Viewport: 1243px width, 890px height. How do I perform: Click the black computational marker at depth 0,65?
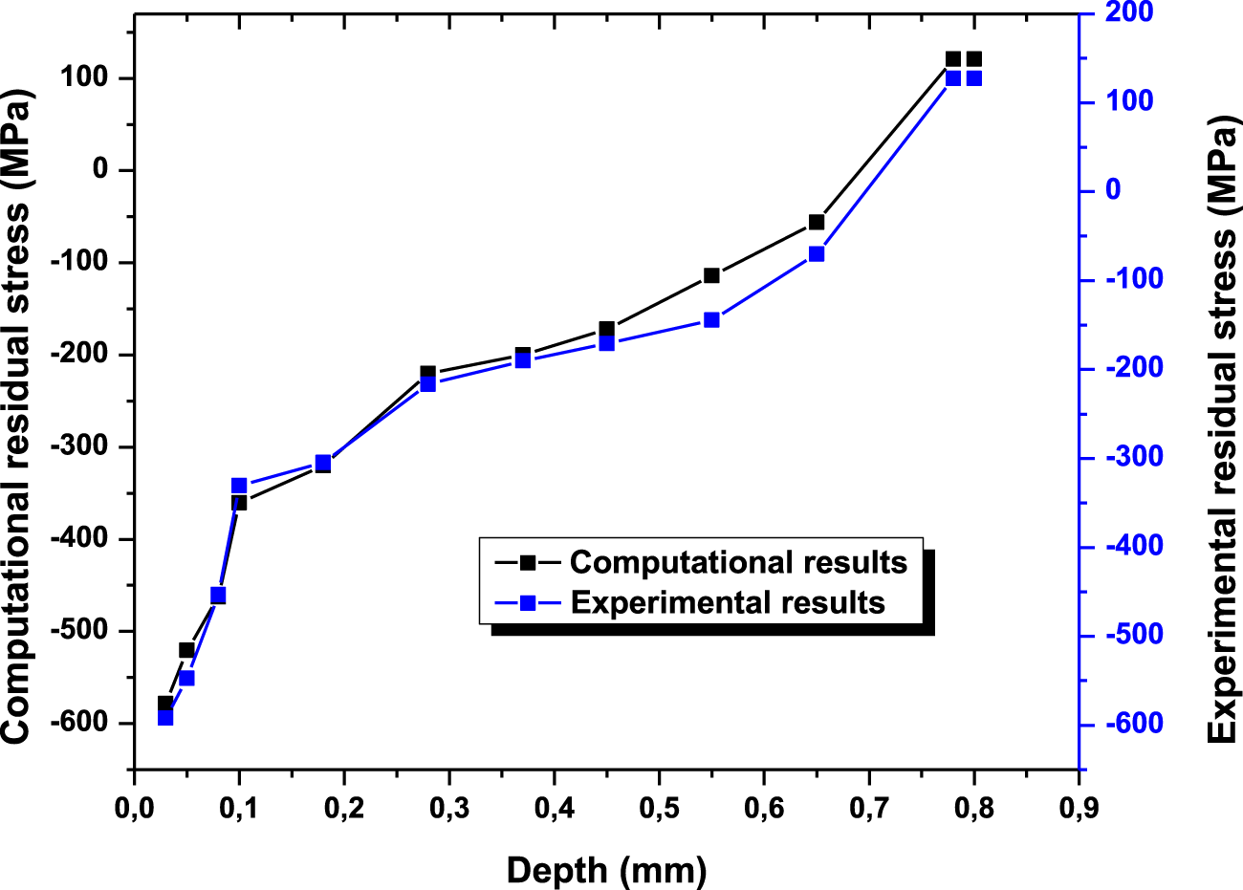click(x=816, y=222)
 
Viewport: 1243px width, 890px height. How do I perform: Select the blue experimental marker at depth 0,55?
click(x=711, y=320)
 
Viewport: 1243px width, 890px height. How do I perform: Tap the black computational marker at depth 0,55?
click(x=711, y=275)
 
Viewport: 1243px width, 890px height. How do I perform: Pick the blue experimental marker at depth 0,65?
click(x=816, y=254)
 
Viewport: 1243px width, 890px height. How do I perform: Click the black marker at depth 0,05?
click(x=186, y=650)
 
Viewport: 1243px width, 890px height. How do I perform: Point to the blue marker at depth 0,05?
click(x=186, y=678)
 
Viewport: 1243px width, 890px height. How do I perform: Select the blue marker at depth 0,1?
click(x=239, y=486)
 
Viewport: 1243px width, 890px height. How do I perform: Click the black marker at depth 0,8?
click(x=973, y=59)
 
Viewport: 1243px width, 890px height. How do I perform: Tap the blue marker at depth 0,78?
click(x=952, y=78)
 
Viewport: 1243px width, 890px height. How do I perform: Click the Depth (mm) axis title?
click(x=606, y=870)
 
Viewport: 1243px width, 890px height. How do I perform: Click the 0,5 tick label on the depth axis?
click(x=659, y=808)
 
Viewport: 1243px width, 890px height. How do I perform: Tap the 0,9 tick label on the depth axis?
click(x=1078, y=808)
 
